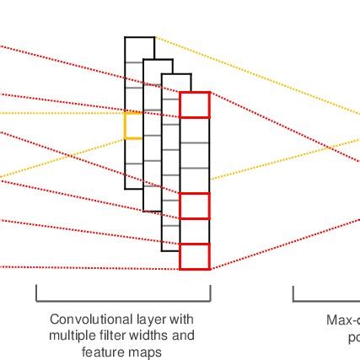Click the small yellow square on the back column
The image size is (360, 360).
pyautogui.click(x=133, y=126)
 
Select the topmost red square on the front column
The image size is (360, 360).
pyautogui.click(x=194, y=105)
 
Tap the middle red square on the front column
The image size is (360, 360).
pyautogui.click(x=194, y=206)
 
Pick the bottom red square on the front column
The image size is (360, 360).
pyautogui.click(x=194, y=256)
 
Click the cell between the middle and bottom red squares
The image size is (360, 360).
pyautogui.click(x=194, y=231)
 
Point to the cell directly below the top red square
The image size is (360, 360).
pyautogui.click(x=194, y=131)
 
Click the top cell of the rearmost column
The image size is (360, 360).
pyautogui.click(x=139, y=49)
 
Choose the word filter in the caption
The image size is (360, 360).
pyautogui.click(x=111, y=336)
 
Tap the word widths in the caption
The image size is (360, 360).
pyautogui.click(x=148, y=336)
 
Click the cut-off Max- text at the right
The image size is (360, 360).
pyautogui.click(x=343, y=320)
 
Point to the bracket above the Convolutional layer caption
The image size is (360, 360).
pyautogui.click(x=123, y=300)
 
